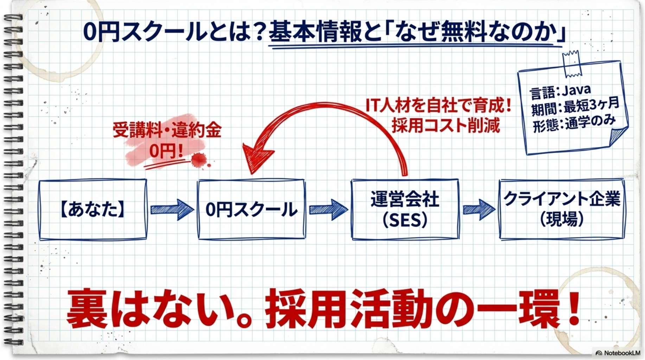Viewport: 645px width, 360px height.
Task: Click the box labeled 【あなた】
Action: (92, 210)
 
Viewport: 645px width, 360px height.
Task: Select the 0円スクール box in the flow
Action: (251, 210)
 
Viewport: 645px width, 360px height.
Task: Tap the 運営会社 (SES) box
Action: (405, 210)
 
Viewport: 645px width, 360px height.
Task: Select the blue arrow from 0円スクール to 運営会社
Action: (328, 210)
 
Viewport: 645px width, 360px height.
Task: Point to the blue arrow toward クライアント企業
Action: (479, 210)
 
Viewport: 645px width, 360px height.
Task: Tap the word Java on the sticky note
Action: (576, 90)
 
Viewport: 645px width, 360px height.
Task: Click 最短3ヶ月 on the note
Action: (591, 105)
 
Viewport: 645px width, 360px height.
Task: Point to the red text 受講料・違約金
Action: (167, 130)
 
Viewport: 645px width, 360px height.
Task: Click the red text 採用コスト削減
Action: (446, 126)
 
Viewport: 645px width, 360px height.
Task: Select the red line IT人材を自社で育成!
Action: (438, 105)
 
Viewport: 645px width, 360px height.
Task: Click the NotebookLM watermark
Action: (618, 353)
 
